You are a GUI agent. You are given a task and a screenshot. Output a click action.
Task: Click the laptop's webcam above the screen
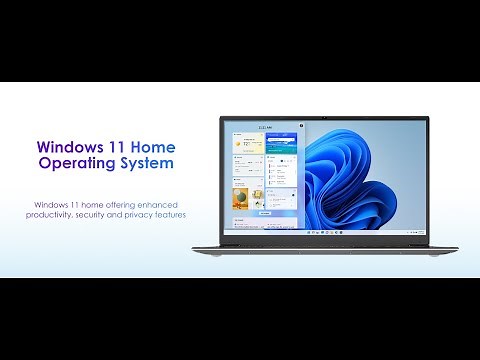[x=324, y=119]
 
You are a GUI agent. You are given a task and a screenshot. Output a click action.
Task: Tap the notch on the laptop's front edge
[x=324, y=246]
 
